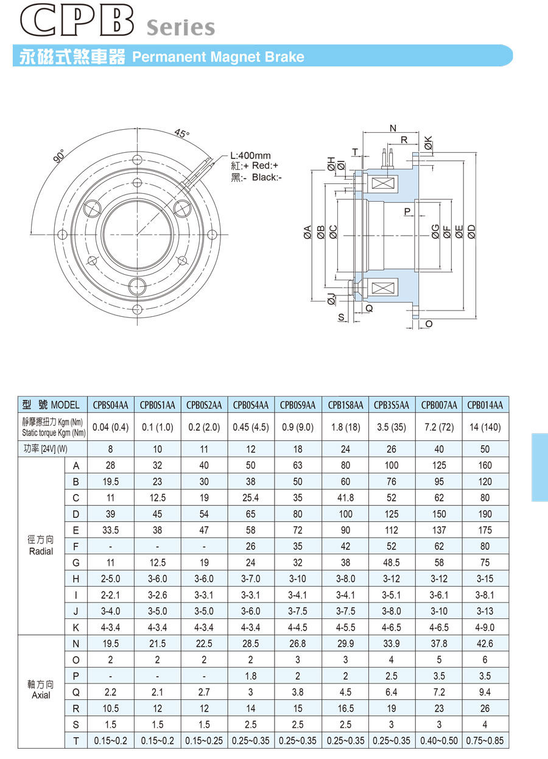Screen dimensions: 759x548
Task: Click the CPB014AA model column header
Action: click(x=485, y=405)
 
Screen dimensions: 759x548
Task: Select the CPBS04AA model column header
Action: click(x=110, y=405)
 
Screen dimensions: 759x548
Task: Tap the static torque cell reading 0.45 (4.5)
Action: click(x=251, y=427)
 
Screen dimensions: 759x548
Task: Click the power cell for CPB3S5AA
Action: click(x=392, y=450)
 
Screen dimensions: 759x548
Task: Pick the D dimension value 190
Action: click(x=485, y=514)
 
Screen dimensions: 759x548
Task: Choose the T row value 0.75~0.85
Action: click(x=485, y=741)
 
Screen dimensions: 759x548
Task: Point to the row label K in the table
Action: click(x=76, y=627)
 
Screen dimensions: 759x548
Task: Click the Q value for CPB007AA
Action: click(x=439, y=692)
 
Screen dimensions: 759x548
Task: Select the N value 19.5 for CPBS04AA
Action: click(x=110, y=643)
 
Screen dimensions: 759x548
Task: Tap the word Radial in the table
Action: click(x=41, y=551)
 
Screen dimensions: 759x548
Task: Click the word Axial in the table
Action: click(x=41, y=695)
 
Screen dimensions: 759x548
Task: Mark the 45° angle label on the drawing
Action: click(x=181, y=133)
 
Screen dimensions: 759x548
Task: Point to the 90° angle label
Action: click(x=60, y=156)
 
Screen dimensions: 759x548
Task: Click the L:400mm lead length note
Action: click(x=250, y=156)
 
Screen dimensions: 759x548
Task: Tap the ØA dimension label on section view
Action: click(x=307, y=232)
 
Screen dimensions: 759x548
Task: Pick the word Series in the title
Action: click(x=181, y=27)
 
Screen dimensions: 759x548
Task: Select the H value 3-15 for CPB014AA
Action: click(x=485, y=579)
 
